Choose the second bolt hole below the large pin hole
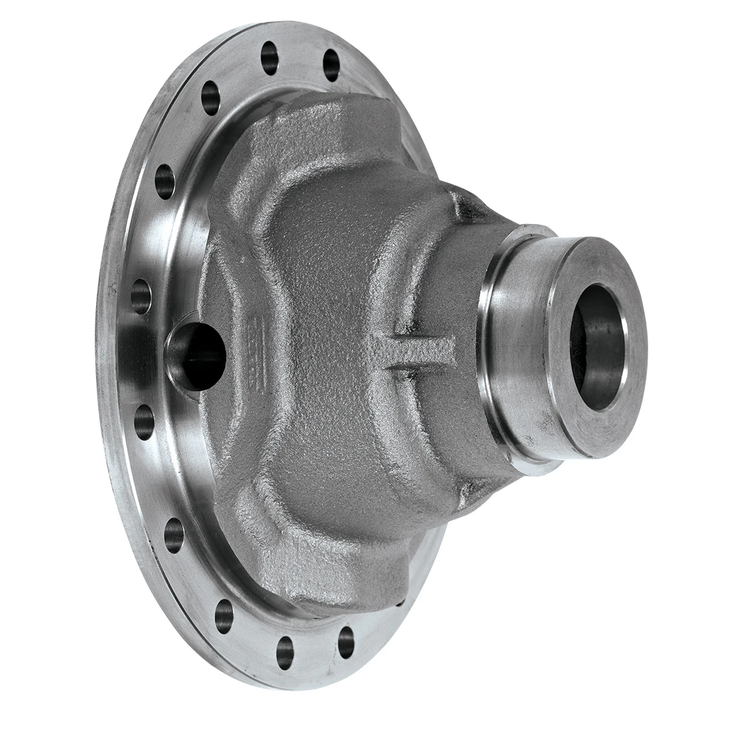tap(174, 530)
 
